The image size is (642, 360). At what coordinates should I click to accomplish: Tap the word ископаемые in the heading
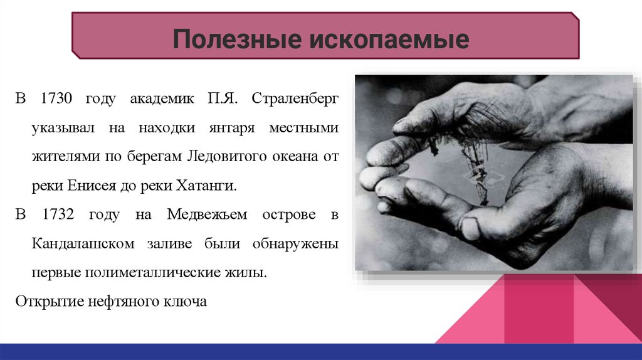click(389, 39)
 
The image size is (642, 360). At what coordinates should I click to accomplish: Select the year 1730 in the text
click(56, 98)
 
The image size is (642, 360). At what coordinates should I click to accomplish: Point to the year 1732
click(58, 214)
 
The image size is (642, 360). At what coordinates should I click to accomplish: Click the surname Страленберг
click(295, 98)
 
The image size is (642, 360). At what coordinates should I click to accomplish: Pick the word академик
click(162, 98)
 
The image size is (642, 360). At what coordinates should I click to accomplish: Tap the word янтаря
click(232, 128)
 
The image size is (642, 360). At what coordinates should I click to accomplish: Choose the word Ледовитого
click(227, 156)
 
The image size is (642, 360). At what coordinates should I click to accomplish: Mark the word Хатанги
click(206, 186)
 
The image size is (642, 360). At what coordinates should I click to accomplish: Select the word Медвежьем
click(207, 214)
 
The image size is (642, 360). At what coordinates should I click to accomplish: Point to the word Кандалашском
click(83, 244)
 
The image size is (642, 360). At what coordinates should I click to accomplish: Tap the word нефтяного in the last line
click(124, 302)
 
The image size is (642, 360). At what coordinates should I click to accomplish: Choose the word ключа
click(185, 302)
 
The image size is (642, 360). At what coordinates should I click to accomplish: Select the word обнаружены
click(295, 244)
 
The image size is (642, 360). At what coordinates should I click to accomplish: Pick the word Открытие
click(50, 302)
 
